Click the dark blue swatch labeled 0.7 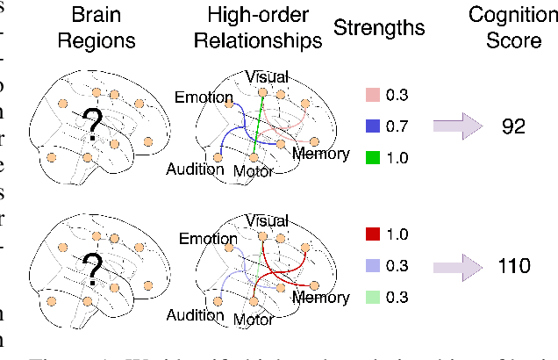[371, 126]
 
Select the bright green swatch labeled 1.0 [371, 158]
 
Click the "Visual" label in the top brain [268, 76]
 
